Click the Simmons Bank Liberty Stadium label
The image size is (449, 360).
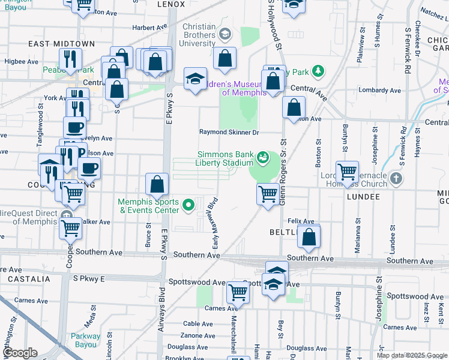[225, 158]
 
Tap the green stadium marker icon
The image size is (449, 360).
[262, 158]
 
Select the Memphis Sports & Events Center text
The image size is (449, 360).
[148, 206]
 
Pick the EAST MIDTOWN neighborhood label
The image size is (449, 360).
[62, 44]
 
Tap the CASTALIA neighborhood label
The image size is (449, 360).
[29, 279]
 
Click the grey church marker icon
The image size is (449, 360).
[396, 178]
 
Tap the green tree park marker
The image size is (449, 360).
[318, 72]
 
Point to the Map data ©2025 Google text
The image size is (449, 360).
[411, 355]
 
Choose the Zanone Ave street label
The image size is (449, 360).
[199, 335]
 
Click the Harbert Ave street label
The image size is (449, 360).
[149, 27]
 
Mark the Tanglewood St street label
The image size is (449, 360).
[41, 117]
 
